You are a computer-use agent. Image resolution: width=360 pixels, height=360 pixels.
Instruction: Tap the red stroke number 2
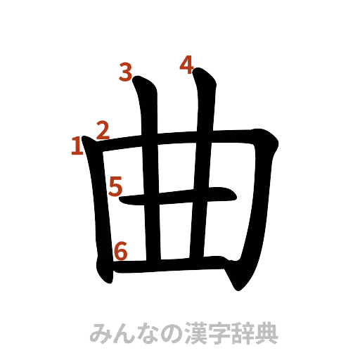pos(101,130)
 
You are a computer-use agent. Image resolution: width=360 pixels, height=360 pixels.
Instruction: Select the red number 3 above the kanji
pos(126,72)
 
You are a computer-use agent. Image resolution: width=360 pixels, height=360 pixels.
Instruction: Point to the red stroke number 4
pos(186,65)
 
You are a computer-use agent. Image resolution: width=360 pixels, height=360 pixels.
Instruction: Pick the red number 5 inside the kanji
pos(115,186)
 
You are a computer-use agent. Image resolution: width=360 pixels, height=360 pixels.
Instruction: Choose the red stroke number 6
pos(120,250)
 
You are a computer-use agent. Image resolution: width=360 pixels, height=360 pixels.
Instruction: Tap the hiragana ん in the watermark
pos(124,332)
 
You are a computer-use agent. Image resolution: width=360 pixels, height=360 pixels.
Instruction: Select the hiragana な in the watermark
pos(146,332)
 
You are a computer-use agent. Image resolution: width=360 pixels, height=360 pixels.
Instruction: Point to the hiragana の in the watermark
pos(169,332)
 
